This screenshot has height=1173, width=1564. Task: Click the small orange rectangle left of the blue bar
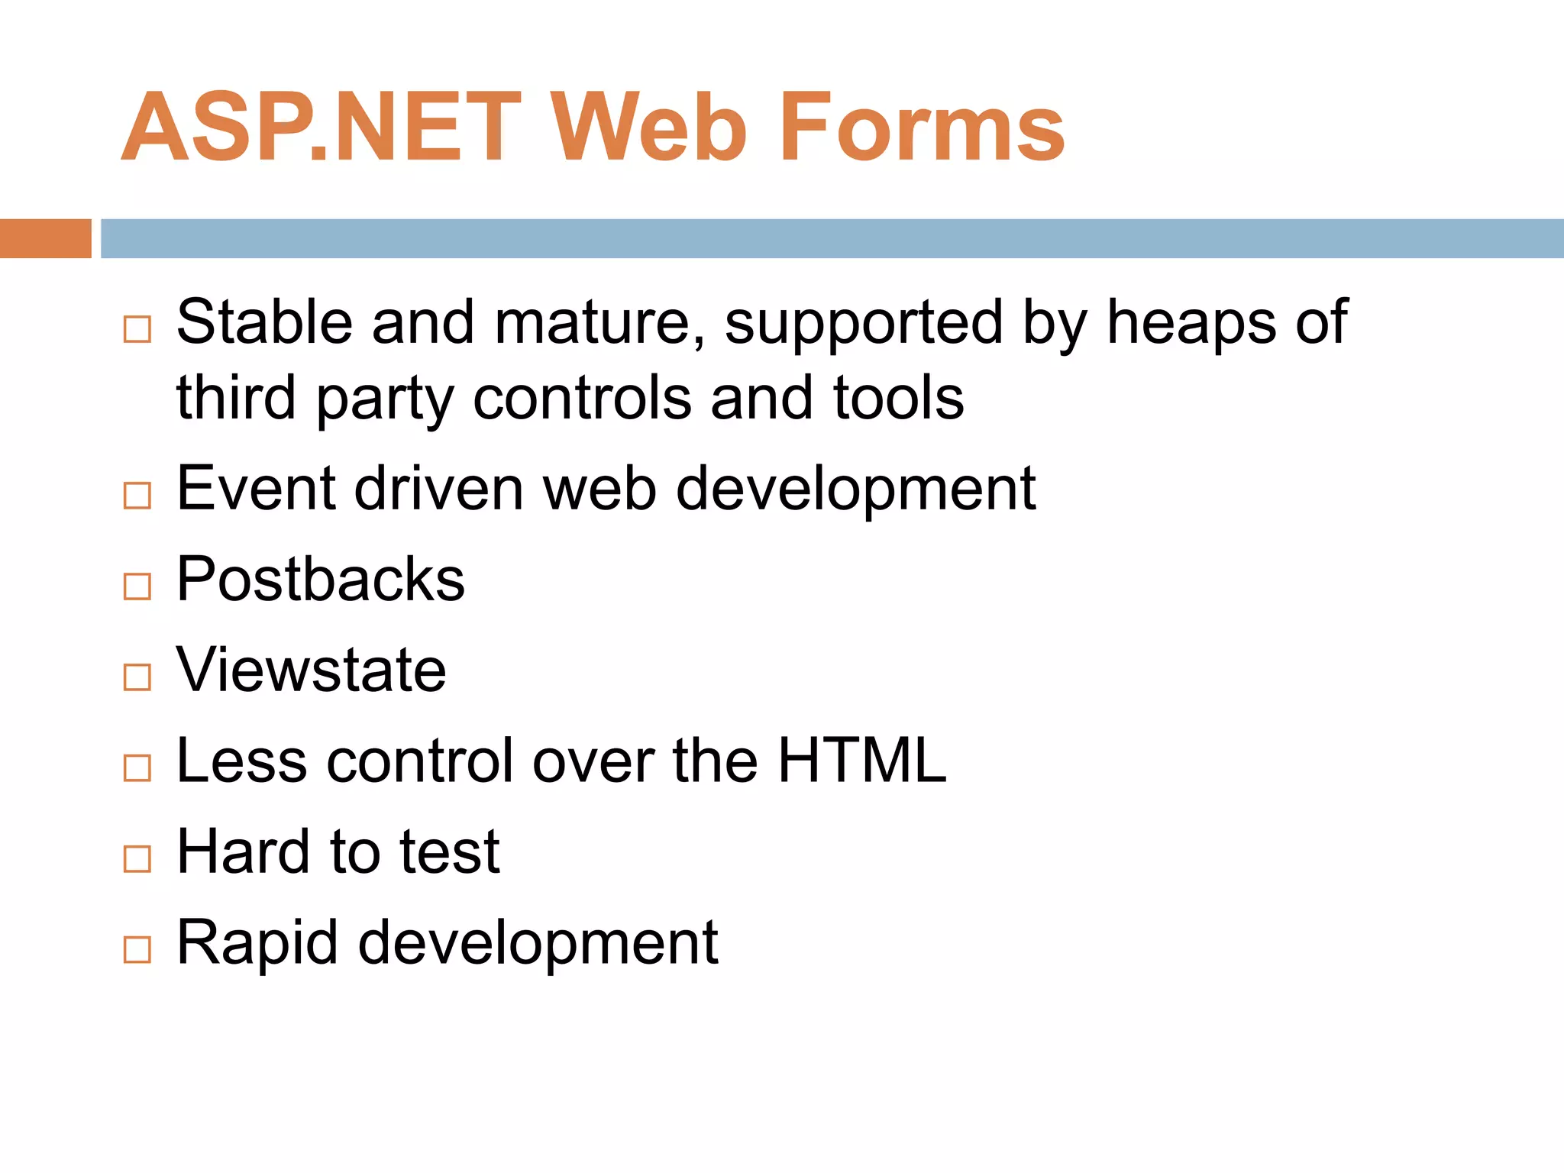click(45, 238)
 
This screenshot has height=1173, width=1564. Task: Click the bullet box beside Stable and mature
click(137, 329)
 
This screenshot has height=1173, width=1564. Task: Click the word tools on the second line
click(898, 398)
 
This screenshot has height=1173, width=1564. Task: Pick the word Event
click(257, 488)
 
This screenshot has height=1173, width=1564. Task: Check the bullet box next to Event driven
click(137, 496)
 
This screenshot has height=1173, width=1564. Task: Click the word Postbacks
click(320, 579)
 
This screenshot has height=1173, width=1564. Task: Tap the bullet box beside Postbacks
click(137, 586)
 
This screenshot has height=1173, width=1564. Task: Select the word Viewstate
click(311, 670)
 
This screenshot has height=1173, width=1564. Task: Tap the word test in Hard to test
click(450, 851)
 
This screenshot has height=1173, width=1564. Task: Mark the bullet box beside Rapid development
click(137, 949)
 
